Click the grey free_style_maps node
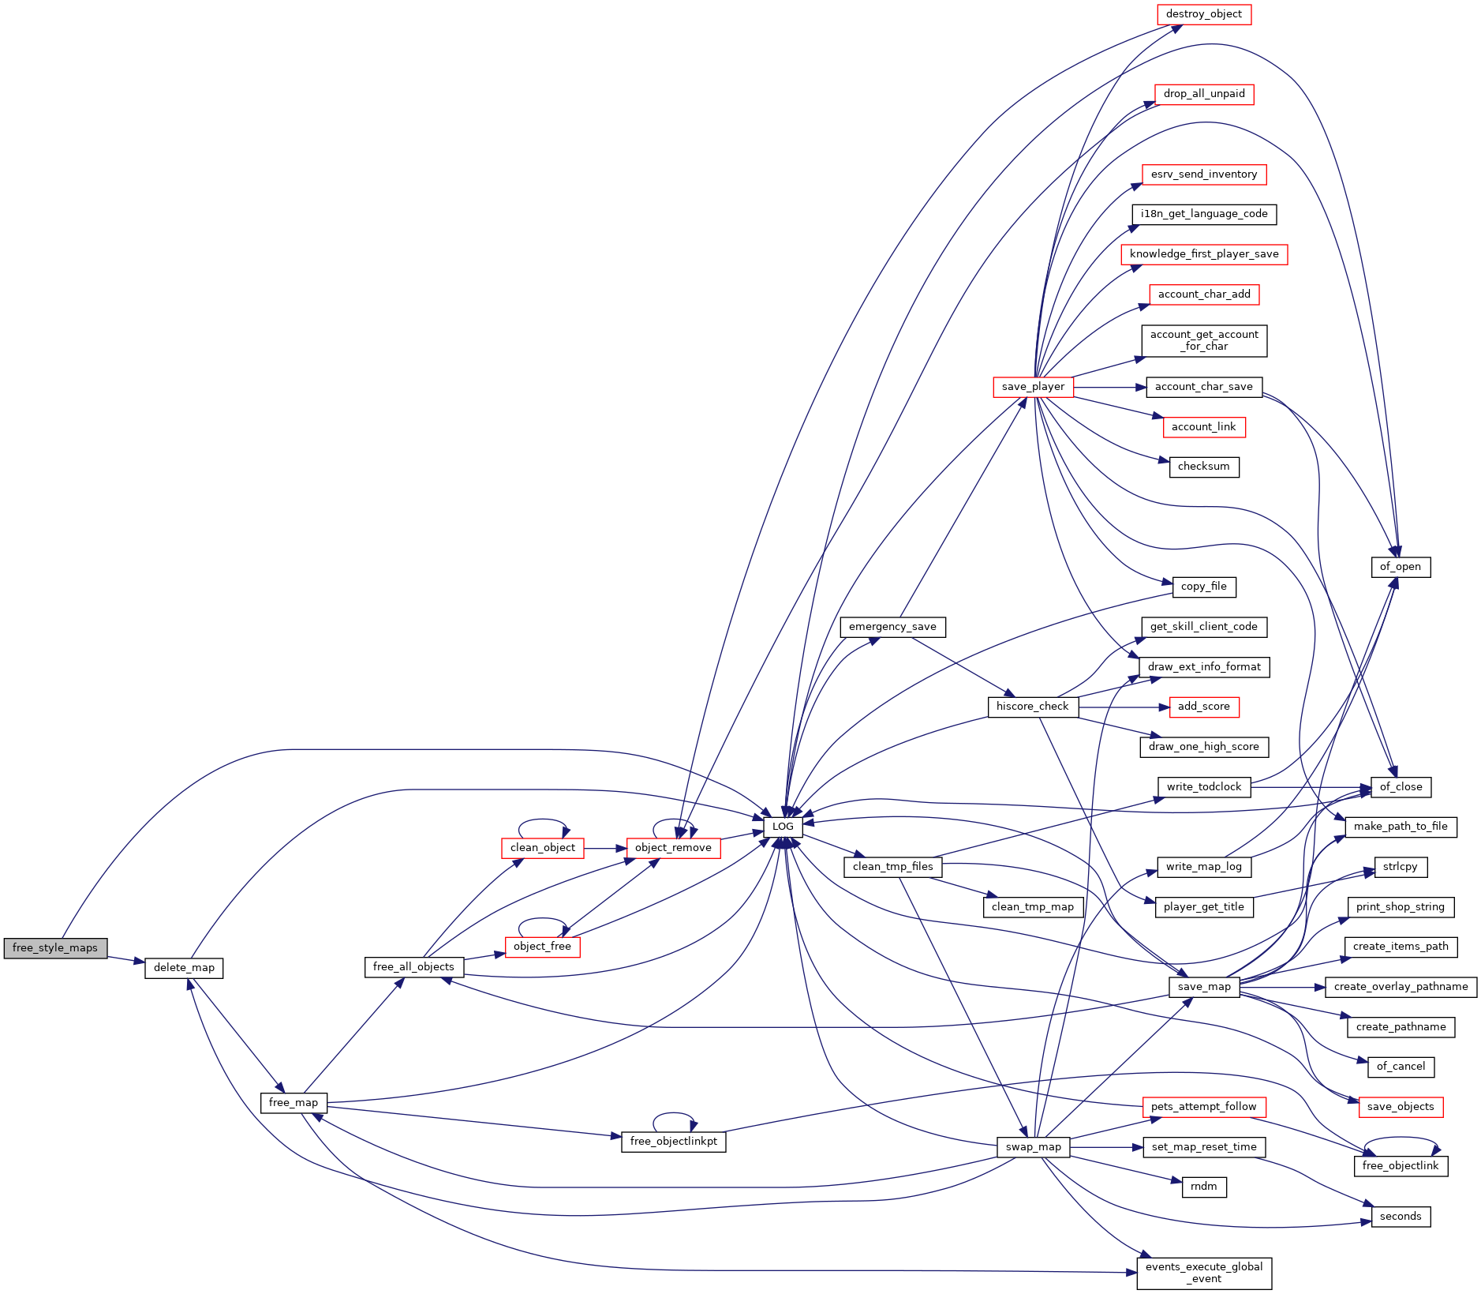click(x=55, y=948)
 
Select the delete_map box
click(x=184, y=968)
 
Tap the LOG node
click(x=783, y=827)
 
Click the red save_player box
click(x=1033, y=387)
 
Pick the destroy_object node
click(x=1204, y=14)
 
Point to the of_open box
click(x=1401, y=567)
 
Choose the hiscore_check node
click(x=1033, y=707)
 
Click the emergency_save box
click(x=892, y=627)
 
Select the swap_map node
click(x=1034, y=1147)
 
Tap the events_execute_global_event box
click(x=1204, y=1273)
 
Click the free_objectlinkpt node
click(x=674, y=1142)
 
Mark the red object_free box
click(x=542, y=947)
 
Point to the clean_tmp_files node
click(x=893, y=867)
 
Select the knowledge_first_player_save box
click(x=1204, y=254)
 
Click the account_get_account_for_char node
click(x=1204, y=341)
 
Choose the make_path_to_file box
click(x=1401, y=827)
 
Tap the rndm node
click(x=1204, y=1187)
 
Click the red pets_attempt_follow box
click(x=1204, y=1107)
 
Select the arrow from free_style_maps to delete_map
click(x=126, y=959)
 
